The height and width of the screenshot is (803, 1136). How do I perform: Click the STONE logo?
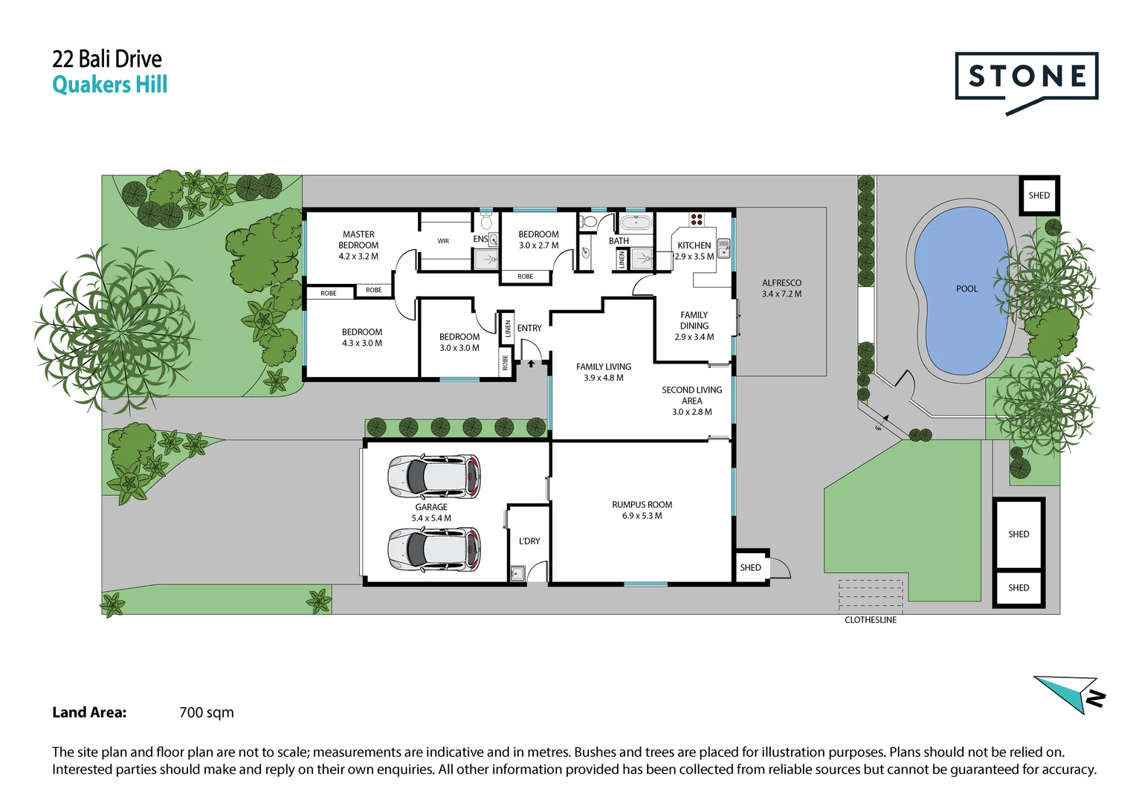tap(1026, 77)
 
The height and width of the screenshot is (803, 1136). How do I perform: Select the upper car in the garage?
tap(434, 477)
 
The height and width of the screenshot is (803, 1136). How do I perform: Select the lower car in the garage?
tap(434, 549)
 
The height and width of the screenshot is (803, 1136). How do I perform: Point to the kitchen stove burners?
tap(697, 219)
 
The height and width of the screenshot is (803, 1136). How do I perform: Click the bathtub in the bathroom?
tap(636, 222)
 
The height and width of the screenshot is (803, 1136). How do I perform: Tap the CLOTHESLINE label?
tap(870, 620)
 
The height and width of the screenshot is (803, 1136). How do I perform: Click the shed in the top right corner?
tap(1039, 196)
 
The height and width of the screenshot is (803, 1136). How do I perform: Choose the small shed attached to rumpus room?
tap(750, 568)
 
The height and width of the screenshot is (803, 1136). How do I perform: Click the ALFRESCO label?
tap(781, 283)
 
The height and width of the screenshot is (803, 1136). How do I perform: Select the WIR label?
tap(443, 241)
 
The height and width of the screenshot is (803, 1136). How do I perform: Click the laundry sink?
tap(517, 573)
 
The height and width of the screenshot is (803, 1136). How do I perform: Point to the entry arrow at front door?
tap(531, 364)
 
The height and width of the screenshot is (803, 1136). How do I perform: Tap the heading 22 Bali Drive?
tap(107, 59)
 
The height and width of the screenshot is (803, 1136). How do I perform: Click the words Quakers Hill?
tap(110, 85)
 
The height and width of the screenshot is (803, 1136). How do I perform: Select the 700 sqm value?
tap(207, 712)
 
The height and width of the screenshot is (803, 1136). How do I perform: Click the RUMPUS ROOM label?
tap(642, 505)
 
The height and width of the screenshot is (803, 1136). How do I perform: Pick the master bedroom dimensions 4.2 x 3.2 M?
tap(358, 257)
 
